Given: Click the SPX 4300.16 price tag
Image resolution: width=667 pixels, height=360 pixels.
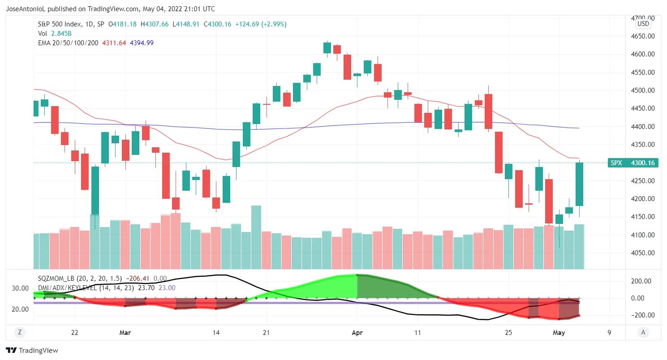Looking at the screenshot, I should tap(633, 163).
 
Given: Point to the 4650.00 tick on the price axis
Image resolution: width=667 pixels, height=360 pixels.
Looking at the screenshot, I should tap(642, 36).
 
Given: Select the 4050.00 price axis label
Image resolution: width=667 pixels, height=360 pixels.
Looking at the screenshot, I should tap(642, 253).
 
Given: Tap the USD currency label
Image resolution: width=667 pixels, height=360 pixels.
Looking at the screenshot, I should tap(643, 24).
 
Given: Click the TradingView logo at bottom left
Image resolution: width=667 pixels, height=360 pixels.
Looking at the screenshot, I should tap(32, 351).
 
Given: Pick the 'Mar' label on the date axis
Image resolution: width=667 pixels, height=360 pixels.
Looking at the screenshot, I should tap(125, 333).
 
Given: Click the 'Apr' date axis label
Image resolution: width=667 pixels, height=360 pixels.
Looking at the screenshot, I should tap(357, 333).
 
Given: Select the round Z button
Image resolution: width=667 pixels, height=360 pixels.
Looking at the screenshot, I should tap(19, 332).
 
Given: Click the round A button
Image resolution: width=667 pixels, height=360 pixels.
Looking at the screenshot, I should tap(643, 332).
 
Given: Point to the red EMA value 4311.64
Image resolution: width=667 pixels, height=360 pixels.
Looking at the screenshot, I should tap(114, 43).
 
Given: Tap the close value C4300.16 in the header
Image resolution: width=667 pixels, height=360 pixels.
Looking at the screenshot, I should tap(217, 24).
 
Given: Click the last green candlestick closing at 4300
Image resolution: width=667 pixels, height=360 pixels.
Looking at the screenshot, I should tap(579, 184).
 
